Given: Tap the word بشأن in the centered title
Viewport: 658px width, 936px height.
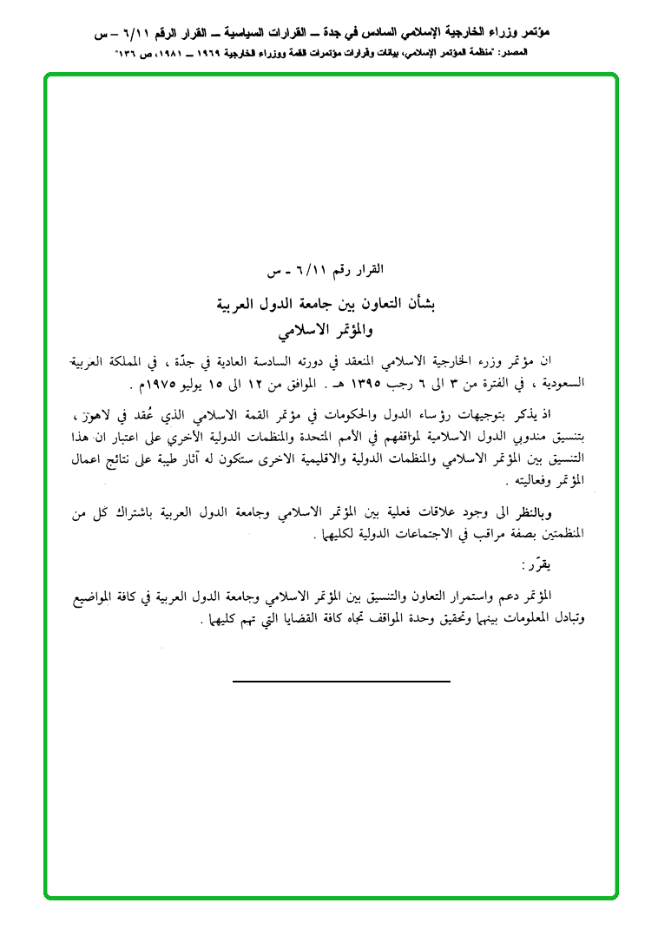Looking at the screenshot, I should (x=421, y=305).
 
